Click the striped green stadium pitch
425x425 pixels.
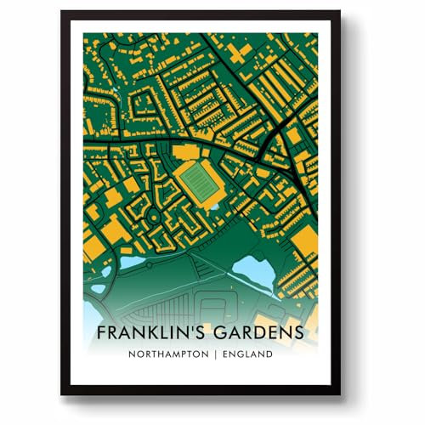[201, 181]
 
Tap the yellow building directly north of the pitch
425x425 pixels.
[188, 150]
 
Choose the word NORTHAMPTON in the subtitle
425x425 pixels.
[170, 354]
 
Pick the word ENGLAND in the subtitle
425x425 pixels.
[248, 354]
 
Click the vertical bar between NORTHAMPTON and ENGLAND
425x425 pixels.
[216, 354]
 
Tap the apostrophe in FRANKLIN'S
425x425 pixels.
[190, 326]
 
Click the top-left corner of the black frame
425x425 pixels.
[63, 13]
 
